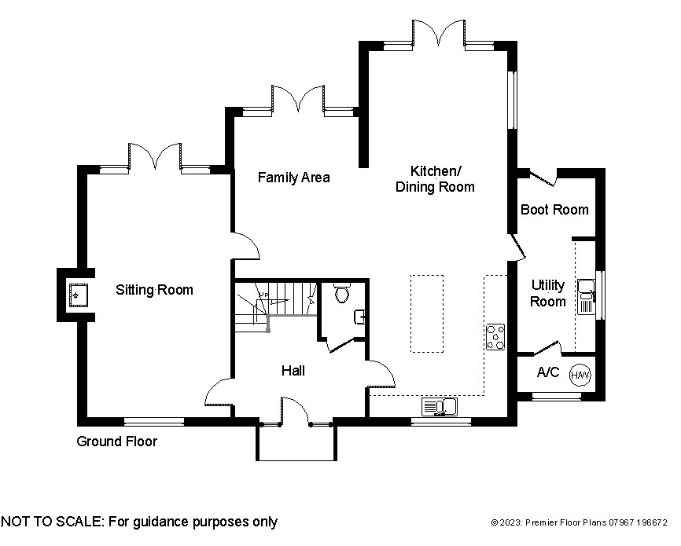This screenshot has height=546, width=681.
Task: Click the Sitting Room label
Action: (154, 290)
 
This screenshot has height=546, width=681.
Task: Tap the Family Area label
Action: (293, 178)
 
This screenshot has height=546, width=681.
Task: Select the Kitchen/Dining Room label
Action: (435, 179)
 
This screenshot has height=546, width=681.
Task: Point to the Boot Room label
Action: (554, 210)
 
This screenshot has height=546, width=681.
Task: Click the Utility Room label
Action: (547, 293)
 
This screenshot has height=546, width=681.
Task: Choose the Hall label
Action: (293, 371)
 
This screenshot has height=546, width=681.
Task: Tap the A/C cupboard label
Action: (547, 372)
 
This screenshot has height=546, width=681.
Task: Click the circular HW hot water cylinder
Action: (580, 376)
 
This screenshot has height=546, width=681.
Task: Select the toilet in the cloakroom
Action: (341, 294)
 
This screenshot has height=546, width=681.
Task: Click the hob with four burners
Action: (495, 336)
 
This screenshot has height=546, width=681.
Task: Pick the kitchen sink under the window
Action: (440, 406)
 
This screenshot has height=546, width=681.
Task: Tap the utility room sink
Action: (586, 297)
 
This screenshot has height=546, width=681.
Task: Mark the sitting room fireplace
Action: (76, 295)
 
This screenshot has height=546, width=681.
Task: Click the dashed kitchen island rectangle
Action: (425, 313)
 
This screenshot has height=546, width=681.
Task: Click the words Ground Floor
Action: (116, 442)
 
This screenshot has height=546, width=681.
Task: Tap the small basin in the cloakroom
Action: (359, 317)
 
